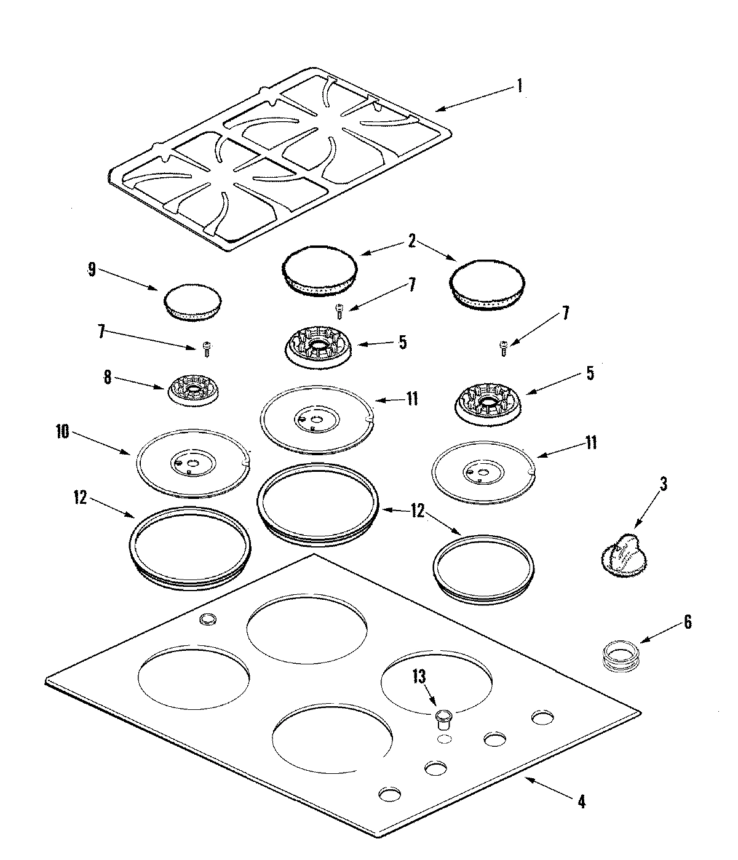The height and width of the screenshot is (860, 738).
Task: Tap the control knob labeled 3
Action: coord(621,555)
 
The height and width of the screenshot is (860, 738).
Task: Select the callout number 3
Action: coord(663,484)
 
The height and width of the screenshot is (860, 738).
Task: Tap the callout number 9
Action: coord(91,271)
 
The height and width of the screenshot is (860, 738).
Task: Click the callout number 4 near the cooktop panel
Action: coord(581,802)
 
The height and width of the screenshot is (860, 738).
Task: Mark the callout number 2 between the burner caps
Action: coord(412,242)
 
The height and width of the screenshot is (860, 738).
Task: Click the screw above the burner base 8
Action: coord(207,349)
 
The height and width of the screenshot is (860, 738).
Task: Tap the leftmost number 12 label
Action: coord(80,497)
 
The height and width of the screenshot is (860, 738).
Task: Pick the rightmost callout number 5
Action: coord(589,373)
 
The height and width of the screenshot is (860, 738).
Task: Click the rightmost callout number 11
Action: coord(591,442)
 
